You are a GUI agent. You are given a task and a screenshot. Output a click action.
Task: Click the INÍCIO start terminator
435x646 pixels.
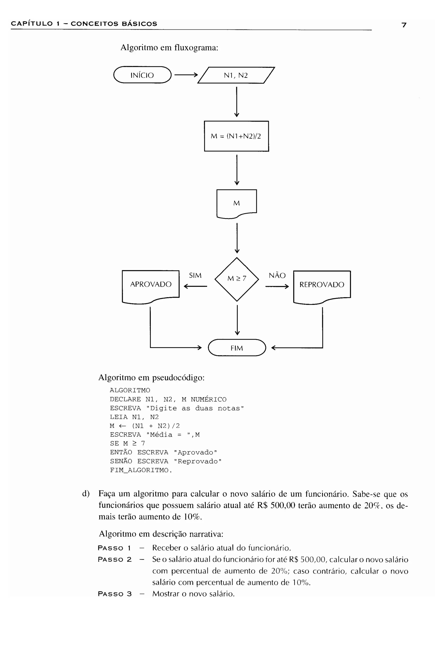tap(142, 75)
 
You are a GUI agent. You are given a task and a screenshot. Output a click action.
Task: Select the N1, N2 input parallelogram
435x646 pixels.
tap(236, 75)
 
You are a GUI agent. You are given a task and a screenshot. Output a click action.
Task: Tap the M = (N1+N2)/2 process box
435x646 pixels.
tap(236, 136)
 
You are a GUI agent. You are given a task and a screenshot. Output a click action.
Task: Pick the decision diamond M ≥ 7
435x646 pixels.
tap(237, 279)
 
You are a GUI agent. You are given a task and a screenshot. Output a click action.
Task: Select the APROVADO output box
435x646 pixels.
tap(151, 285)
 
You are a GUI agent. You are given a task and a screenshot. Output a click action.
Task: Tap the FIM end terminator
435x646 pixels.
tap(237, 348)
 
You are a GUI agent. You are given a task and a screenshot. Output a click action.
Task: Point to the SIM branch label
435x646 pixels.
tap(195, 275)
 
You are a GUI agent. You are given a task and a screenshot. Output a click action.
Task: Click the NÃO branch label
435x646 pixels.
tap(277, 275)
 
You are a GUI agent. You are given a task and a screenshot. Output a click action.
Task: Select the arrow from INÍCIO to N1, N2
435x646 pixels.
tap(186, 75)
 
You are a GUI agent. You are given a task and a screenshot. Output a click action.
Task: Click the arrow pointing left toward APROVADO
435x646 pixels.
tap(195, 286)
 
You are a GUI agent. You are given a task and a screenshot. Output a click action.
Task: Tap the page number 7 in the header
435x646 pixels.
tap(404, 25)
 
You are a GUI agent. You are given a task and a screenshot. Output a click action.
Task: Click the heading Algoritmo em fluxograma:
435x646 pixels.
tap(169, 48)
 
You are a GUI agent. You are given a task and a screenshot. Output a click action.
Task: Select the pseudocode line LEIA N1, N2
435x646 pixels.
tap(134, 417)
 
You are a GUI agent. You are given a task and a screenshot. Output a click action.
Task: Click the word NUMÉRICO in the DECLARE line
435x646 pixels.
tap(208, 399)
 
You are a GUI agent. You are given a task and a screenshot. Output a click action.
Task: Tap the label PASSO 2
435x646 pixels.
tap(114, 560)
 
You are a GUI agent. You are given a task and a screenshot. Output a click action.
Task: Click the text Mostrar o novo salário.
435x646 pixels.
tap(193, 594)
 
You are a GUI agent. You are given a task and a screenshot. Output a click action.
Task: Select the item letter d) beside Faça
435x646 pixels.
tap(86, 494)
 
